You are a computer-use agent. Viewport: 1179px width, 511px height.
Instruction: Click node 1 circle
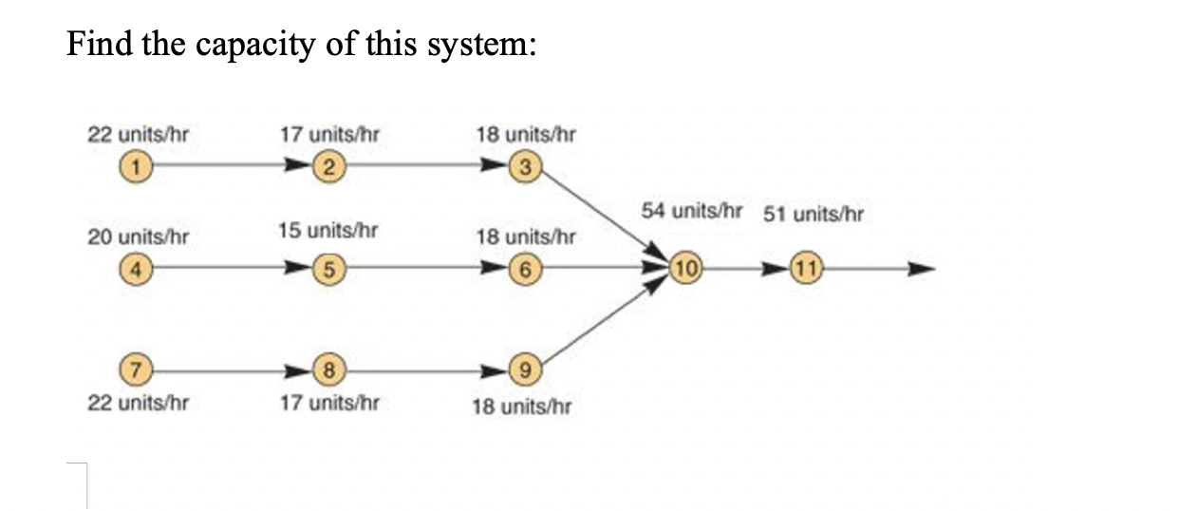pos(138,169)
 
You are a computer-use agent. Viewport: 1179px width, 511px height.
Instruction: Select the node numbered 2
pos(328,169)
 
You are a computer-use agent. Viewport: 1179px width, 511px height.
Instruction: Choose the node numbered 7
pos(138,368)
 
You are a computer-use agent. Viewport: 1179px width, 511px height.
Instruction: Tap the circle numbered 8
pos(328,368)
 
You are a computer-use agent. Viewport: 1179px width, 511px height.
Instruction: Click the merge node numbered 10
pos(686,268)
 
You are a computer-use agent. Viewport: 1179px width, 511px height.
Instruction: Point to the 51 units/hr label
pos(814,213)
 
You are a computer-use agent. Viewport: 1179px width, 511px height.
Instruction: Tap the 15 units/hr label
pos(328,230)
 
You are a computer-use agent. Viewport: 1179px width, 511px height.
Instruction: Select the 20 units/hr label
pos(138,236)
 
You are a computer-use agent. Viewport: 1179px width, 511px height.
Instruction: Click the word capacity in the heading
pos(254,46)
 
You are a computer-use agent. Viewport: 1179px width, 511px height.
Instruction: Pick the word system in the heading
pos(480,46)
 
